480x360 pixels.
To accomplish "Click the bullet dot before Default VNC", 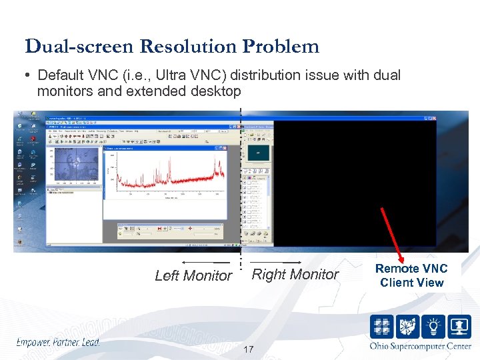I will point(28,75).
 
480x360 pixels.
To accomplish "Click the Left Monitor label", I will point(193,275).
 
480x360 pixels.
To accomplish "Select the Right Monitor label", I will point(295,274).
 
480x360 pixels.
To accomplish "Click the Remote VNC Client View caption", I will point(411,275).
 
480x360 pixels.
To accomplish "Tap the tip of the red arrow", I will point(403,260).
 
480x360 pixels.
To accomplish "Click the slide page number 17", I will point(248,350).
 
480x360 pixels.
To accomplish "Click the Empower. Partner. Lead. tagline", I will point(58,343).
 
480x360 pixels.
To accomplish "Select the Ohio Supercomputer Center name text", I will point(420,346).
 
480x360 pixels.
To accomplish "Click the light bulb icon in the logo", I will point(434,327).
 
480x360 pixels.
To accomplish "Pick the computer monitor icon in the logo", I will point(460,327).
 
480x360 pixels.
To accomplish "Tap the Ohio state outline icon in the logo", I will point(408,327).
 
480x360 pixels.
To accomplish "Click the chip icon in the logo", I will point(383,327).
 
